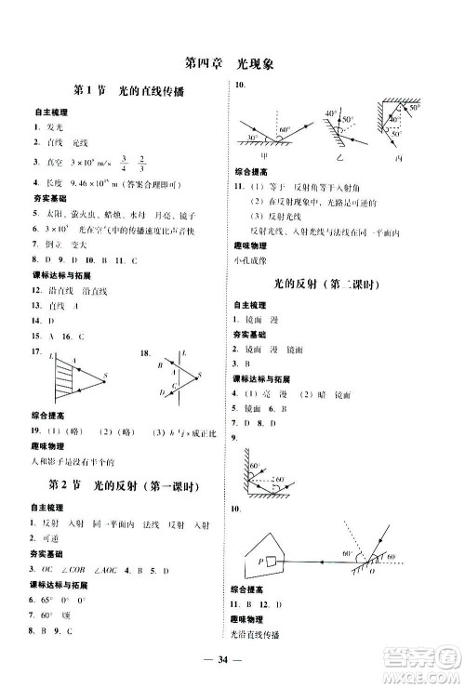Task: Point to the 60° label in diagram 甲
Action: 284,130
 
